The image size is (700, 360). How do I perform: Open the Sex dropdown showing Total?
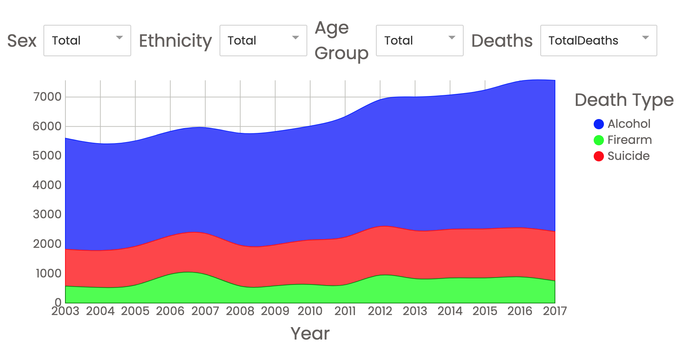(87, 41)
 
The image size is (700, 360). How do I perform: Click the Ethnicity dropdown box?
(263, 41)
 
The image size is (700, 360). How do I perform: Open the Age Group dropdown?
(419, 41)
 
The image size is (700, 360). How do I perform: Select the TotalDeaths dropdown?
(598, 41)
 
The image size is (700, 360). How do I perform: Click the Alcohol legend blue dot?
(599, 124)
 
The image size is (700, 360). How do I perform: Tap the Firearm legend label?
(629, 140)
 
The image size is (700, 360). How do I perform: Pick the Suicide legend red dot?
(599, 156)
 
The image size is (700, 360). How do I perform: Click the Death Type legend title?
(624, 100)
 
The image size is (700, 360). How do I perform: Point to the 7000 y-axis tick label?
(47, 97)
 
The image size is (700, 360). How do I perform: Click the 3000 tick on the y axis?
(47, 214)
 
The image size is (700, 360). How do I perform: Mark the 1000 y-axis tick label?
(48, 273)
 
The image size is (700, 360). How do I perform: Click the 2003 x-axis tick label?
(65, 311)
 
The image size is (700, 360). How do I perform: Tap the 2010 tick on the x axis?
(310, 311)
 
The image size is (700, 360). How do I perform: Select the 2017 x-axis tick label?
(555, 311)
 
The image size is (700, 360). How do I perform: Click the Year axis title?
(310, 333)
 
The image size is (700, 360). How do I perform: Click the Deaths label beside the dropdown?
(502, 41)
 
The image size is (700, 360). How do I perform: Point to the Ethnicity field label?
(175, 41)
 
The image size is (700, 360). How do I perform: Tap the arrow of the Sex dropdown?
(119, 38)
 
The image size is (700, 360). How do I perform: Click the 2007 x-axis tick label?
(205, 311)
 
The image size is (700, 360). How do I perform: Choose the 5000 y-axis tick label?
(47, 156)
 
